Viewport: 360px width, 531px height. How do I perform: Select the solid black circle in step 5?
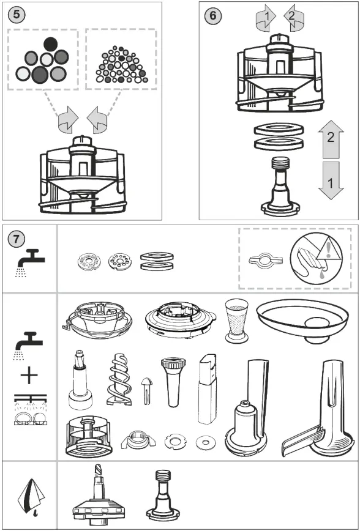click(51, 43)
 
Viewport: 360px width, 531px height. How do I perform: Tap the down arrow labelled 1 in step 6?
click(331, 180)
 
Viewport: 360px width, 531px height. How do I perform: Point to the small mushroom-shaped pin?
click(146, 389)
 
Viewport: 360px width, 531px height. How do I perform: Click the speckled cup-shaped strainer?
click(236, 317)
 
